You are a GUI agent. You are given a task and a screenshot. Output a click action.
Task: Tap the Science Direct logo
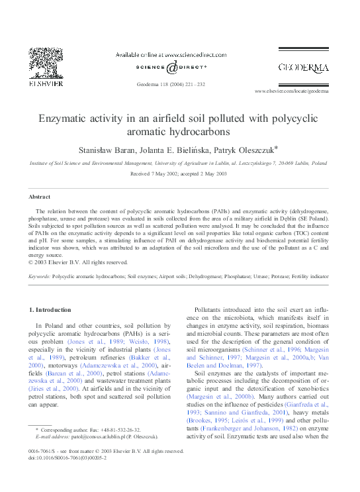click(x=171, y=68)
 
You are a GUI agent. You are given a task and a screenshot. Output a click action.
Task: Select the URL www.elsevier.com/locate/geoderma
click(x=291, y=91)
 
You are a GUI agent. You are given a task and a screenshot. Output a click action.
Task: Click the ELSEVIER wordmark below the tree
click(x=46, y=84)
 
